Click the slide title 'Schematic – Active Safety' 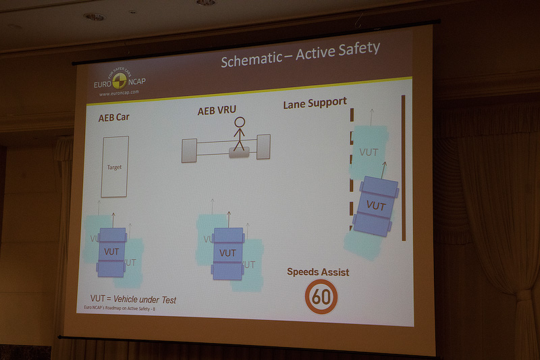(300, 57)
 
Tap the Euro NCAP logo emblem (119, 82)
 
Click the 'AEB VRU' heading (216, 111)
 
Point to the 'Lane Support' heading (314, 102)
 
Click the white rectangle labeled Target (114, 166)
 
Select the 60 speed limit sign (321, 297)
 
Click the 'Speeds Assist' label (318, 272)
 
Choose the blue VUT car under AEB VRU (227, 253)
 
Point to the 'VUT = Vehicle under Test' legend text (133, 299)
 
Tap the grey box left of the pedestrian (190, 150)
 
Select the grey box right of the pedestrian (263, 146)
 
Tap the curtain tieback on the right (522, 295)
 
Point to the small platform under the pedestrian (240, 153)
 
